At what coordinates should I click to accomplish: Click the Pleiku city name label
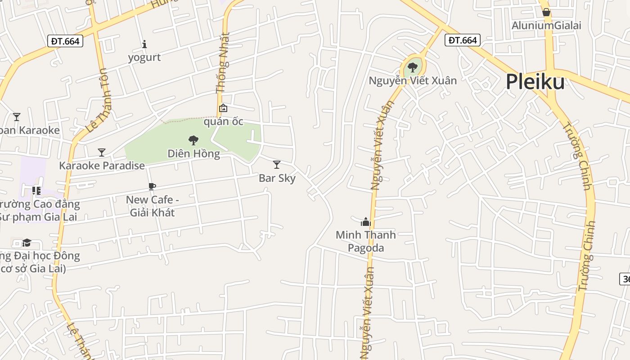coord(535,82)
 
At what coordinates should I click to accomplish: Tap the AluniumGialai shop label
coord(546,26)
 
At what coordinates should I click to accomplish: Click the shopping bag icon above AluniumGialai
coord(546,12)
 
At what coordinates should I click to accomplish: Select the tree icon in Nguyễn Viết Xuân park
coord(412,67)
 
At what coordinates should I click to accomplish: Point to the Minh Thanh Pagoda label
coord(366,241)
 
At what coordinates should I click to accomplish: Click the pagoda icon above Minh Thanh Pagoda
coord(366,222)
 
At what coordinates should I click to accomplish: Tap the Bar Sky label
coord(277,178)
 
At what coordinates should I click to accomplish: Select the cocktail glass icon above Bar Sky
coord(277,165)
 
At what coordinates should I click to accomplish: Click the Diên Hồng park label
coord(193,154)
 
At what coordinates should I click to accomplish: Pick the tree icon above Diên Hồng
coord(193,140)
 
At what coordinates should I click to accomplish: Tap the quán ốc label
coord(224,121)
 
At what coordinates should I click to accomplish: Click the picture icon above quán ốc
coord(223,108)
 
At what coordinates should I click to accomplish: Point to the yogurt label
coord(144,58)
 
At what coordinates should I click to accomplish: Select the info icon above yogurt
coord(144,44)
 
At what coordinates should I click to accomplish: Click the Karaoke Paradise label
coord(102,166)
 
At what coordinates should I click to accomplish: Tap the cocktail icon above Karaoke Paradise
coord(102,153)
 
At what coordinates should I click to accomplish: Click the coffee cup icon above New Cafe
coord(152,187)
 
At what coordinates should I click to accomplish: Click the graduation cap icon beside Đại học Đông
coord(27,243)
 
